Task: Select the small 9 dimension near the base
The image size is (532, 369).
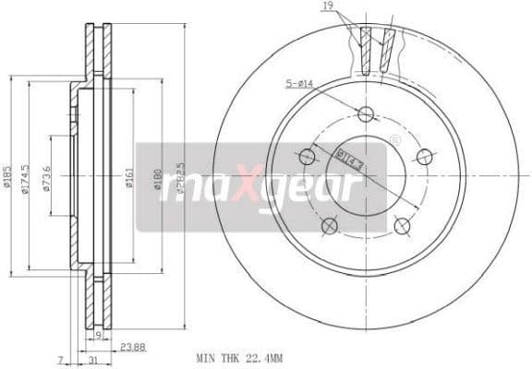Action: tap(98, 337)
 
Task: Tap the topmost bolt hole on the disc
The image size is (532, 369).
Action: tap(365, 114)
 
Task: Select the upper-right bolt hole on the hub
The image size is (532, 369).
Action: tap(424, 156)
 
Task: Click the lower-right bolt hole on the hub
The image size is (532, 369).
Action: tap(401, 225)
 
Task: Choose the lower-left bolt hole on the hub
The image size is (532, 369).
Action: tap(328, 225)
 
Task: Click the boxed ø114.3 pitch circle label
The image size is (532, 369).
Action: tap(349, 158)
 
